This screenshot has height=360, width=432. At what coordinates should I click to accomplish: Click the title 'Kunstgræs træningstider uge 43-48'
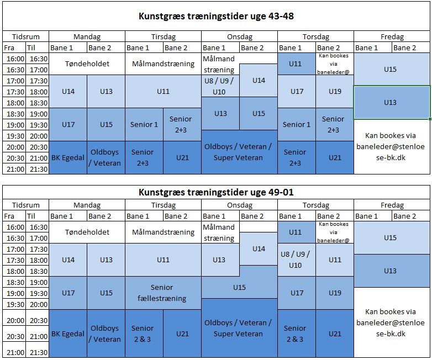point(216,16)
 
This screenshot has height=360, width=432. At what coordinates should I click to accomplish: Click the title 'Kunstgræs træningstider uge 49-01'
point(216,192)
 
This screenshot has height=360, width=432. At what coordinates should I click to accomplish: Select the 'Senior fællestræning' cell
point(163,293)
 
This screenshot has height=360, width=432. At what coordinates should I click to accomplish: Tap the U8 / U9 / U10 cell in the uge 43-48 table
point(219,86)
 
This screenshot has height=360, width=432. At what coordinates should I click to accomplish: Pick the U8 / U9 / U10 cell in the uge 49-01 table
point(296,260)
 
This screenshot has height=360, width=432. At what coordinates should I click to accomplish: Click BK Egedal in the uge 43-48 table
point(68,157)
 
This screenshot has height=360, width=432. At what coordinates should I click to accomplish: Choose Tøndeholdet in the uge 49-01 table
point(87,232)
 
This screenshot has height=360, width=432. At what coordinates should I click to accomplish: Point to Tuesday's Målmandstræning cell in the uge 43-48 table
point(163,64)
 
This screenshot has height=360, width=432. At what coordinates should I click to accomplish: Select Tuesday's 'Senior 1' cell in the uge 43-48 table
point(144,124)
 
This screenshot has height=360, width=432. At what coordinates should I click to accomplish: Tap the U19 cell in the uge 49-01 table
point(335,293)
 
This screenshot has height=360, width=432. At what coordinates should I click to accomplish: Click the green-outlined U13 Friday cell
point(391,102)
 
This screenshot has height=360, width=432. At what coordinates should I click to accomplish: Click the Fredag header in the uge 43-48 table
point(392,37)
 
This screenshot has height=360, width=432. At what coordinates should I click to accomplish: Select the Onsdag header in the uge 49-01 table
point(239,205)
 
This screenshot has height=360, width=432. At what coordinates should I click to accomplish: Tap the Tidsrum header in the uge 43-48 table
point(26,37)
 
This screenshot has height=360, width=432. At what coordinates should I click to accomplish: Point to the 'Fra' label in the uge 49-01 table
point(9,216)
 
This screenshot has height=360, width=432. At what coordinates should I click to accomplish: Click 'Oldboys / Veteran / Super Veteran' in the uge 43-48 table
point(239,152)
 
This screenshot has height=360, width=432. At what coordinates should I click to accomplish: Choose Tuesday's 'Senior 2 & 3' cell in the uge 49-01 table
point(143,333)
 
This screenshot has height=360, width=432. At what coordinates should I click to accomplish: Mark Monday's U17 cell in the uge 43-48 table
point(68,124)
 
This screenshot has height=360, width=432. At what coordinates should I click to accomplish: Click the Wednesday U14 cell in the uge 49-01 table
point(259,248)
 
